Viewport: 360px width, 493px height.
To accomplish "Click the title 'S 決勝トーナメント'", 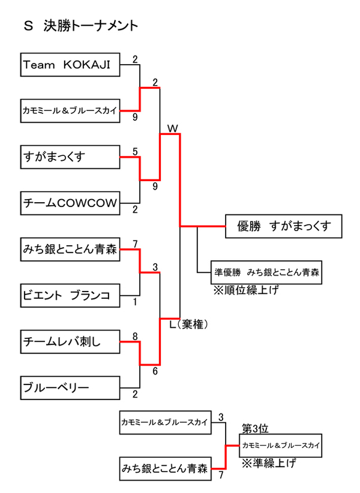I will [x=80, y=26].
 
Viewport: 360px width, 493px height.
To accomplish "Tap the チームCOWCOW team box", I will [x=69, y=203].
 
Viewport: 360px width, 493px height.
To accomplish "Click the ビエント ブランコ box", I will [x=69, y=295].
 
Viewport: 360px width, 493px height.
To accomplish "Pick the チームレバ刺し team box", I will [x=69, y=341].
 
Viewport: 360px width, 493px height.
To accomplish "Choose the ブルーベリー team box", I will [x=69, y=387].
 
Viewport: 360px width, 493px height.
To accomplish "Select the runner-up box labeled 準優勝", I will [x=267, y=272].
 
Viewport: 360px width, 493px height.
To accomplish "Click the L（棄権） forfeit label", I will [x=188, y=324].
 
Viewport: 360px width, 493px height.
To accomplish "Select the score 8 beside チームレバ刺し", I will [x=134, y=336].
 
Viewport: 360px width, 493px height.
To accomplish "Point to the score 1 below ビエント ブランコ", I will [x=134, y=303].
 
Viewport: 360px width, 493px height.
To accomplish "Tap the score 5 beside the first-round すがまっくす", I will [x=134, y=152].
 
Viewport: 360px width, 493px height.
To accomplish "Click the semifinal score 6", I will [x=155, y=371].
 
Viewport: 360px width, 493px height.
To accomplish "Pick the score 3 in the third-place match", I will [x=220, y=417].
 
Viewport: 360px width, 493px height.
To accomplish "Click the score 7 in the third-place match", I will [x=220, y=475].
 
